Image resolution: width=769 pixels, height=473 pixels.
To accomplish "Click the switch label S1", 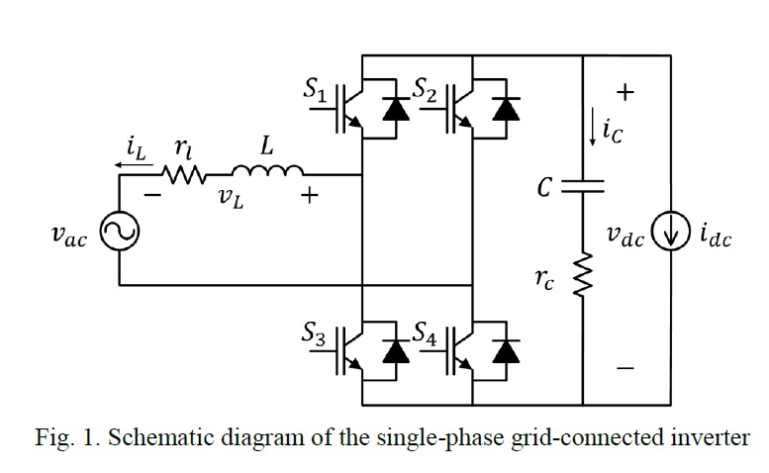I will pos(317,89).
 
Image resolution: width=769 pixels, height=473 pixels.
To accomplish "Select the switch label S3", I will pos(317,334).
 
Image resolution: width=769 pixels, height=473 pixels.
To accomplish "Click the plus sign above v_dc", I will pos(625,92).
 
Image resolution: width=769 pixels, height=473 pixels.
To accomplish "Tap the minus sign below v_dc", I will pos(625,369).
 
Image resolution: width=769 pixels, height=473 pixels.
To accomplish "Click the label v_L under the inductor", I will pos(229,197).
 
